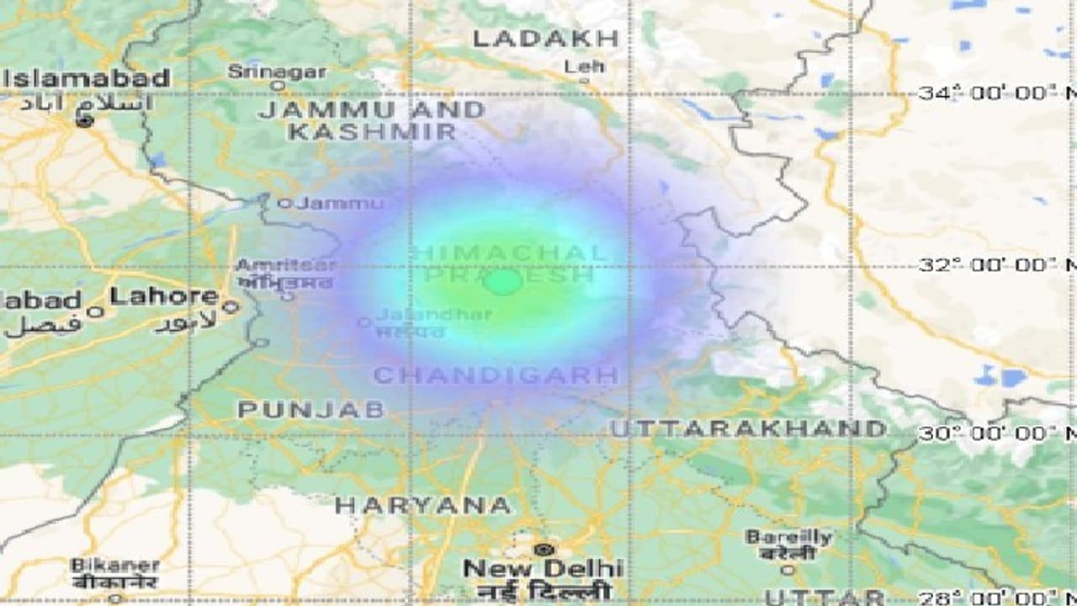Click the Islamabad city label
(x=88, y=79)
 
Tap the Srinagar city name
(x=277, y=71)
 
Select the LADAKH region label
(x=545, y=38)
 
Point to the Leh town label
(x=583, y=66)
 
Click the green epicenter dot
(x=504, y=281)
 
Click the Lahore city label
(x=165, y=296)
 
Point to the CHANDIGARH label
(x=496, y=375)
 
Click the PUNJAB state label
(x=311, y=410)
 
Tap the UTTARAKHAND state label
(x=748, y=428)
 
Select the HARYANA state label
(x=422, y=506)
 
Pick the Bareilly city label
(x=788, y=537)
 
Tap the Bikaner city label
(x=115, y=566)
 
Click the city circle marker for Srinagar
(x=277, y=85)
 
